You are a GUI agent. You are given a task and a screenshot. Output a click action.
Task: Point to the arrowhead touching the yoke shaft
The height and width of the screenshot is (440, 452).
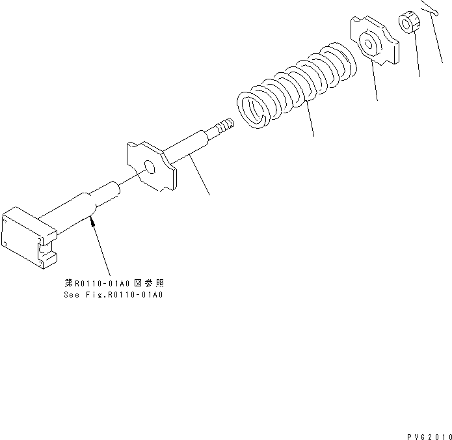[94, 223]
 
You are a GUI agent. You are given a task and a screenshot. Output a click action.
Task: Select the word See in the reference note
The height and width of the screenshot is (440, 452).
[72, 294]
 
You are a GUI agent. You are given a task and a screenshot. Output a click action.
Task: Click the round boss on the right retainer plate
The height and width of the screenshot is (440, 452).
[367, 46]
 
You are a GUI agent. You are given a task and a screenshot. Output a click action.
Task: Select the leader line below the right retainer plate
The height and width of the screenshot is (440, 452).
[375, 81]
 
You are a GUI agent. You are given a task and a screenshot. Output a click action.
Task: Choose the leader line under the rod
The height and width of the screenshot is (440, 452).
[200, 176]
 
